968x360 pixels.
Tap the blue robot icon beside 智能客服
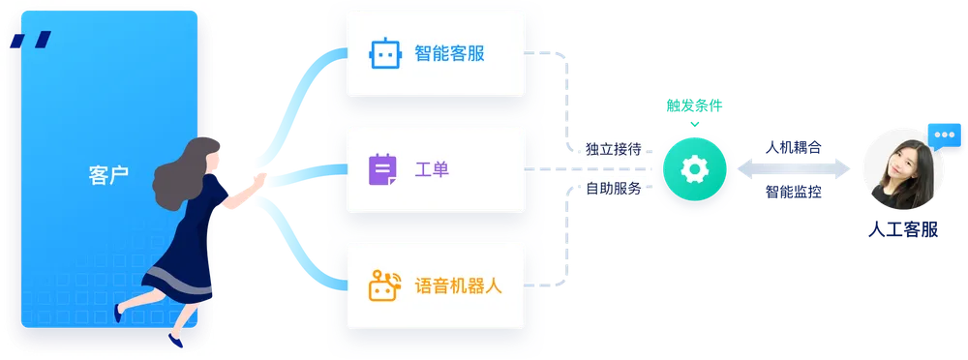(x=383, y=54)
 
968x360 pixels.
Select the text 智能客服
(x=448, y=54)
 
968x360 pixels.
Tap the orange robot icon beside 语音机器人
(x=384, y=285)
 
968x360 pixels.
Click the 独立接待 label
(x=613, y=149)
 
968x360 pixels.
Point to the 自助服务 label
(x=613, y=189)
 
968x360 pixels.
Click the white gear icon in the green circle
(x=694, y=169)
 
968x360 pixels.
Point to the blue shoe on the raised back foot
(x=117, y=315)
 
